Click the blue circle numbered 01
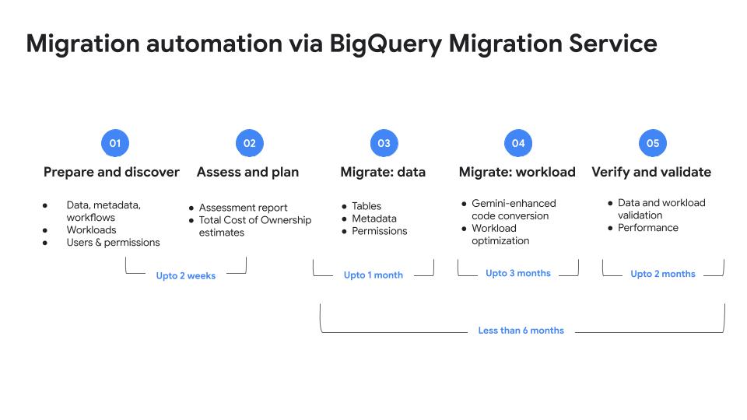tap(115, 143)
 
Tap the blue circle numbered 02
tap(250, 143)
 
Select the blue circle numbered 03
tap(384, 143)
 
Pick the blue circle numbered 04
tap(518, 143)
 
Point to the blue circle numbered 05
tap(653, 143)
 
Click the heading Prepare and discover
tap(111, 172)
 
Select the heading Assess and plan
tap(247, 172)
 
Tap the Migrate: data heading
tap(383, 172)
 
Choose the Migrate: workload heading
tap(517, 172)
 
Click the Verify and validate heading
tap(651, 172)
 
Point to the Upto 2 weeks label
tap(186, 275)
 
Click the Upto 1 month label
tap(373, 275)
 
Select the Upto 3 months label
tap(518, 273)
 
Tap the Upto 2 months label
tap(663, 274)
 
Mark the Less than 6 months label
tap(521, 331)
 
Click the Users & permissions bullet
tap(113, 243)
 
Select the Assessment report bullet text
tap(243, 208)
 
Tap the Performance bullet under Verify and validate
tap(648, 228)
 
